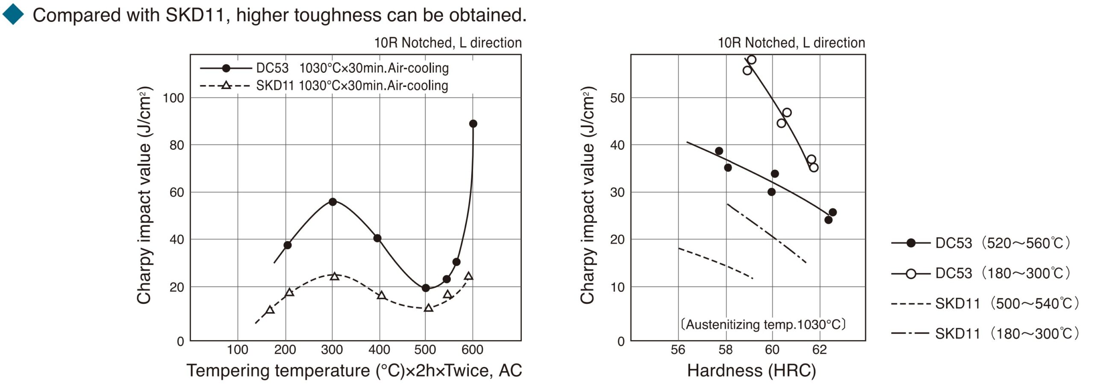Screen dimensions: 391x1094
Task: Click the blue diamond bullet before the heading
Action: [13, 14]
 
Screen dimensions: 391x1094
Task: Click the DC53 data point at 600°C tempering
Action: [473, 124]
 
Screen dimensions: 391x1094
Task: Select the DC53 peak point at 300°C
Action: [332, 201]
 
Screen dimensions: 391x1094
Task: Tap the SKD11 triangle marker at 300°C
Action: [335, 276]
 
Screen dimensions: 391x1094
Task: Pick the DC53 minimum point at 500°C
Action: [425, 288]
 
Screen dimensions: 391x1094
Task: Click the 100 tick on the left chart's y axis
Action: [174, 98]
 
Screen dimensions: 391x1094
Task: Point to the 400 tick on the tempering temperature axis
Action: [379, 350]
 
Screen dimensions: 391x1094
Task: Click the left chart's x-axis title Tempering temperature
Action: [354, 370]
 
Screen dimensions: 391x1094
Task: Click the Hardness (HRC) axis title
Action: [751, 370]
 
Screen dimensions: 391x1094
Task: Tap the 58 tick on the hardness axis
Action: [725, 350]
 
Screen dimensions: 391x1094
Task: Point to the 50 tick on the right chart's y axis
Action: [618, 98]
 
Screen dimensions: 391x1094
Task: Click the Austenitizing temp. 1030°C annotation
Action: [763, 324]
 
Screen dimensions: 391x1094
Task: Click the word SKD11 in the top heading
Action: [195, 15]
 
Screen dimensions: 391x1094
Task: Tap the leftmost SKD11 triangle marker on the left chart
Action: [270, 310]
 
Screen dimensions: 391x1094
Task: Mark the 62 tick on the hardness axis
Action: [820, 350]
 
